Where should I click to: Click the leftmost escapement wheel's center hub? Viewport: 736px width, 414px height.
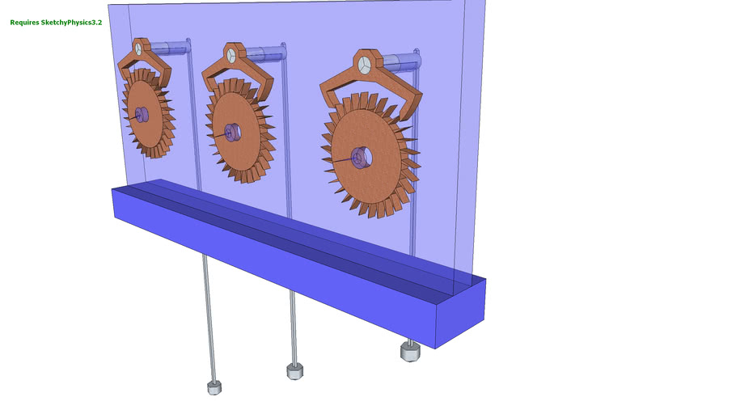[142, 115]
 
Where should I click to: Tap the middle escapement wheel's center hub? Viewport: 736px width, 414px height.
[233, 131]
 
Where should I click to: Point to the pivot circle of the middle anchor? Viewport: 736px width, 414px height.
[231, 56]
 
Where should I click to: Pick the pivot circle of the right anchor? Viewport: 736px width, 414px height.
[364, 65]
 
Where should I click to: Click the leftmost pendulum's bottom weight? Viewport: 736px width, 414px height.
[214, 387]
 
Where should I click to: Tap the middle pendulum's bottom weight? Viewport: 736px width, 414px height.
[295, 370]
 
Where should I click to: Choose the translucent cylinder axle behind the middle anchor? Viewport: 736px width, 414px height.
[263, 54]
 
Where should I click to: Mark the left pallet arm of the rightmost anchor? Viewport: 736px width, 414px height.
[330, 95]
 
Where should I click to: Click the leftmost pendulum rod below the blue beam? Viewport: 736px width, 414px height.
[209, 315]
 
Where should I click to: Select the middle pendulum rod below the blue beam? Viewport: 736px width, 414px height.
[292, 323]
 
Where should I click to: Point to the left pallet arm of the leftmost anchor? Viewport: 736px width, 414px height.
[124, 66]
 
